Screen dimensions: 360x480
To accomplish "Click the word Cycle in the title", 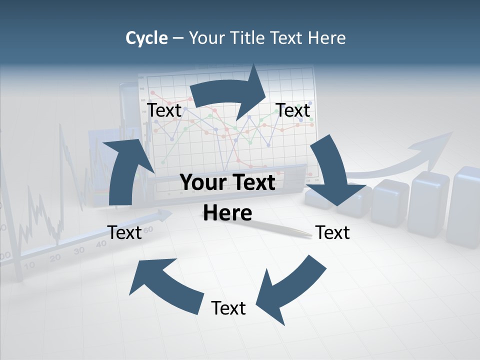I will click(146, 38).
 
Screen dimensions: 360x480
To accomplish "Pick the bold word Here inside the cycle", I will click(227, 213).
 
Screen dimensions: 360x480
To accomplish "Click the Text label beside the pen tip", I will click(332, 233).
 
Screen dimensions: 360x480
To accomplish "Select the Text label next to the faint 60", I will click(124, 233).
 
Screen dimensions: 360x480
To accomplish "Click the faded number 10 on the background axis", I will click(30, 265).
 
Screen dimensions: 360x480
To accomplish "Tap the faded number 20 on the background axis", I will click(55, 257).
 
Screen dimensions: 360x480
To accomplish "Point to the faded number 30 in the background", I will click(78, 250).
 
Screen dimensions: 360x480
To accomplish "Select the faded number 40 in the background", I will click(101, 244).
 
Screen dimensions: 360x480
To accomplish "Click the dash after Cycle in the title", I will click(178, 38).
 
